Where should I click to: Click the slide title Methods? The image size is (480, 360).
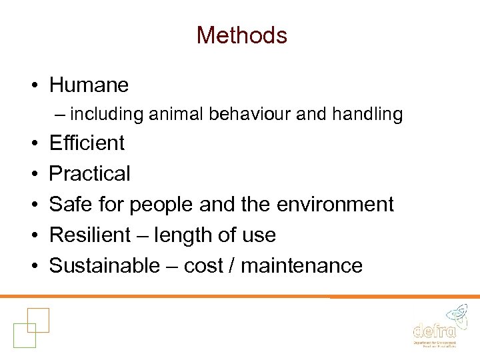pos(241,35)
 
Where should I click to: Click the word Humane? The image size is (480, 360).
pos(89,85)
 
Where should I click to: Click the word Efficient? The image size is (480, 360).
pos(87,143)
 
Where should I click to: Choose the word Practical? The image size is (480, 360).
pos(90,173)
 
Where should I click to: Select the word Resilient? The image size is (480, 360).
pos(90,235)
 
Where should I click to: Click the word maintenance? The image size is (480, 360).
pos(301,265)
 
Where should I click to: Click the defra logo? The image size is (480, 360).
pos(435,327)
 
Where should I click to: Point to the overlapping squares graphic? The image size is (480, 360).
pos(31,327)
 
